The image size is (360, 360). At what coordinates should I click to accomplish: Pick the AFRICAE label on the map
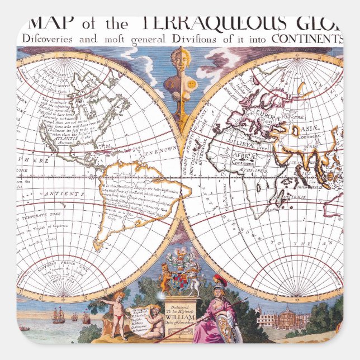[244, 158]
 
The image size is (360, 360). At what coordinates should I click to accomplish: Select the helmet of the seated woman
[219, 280]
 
